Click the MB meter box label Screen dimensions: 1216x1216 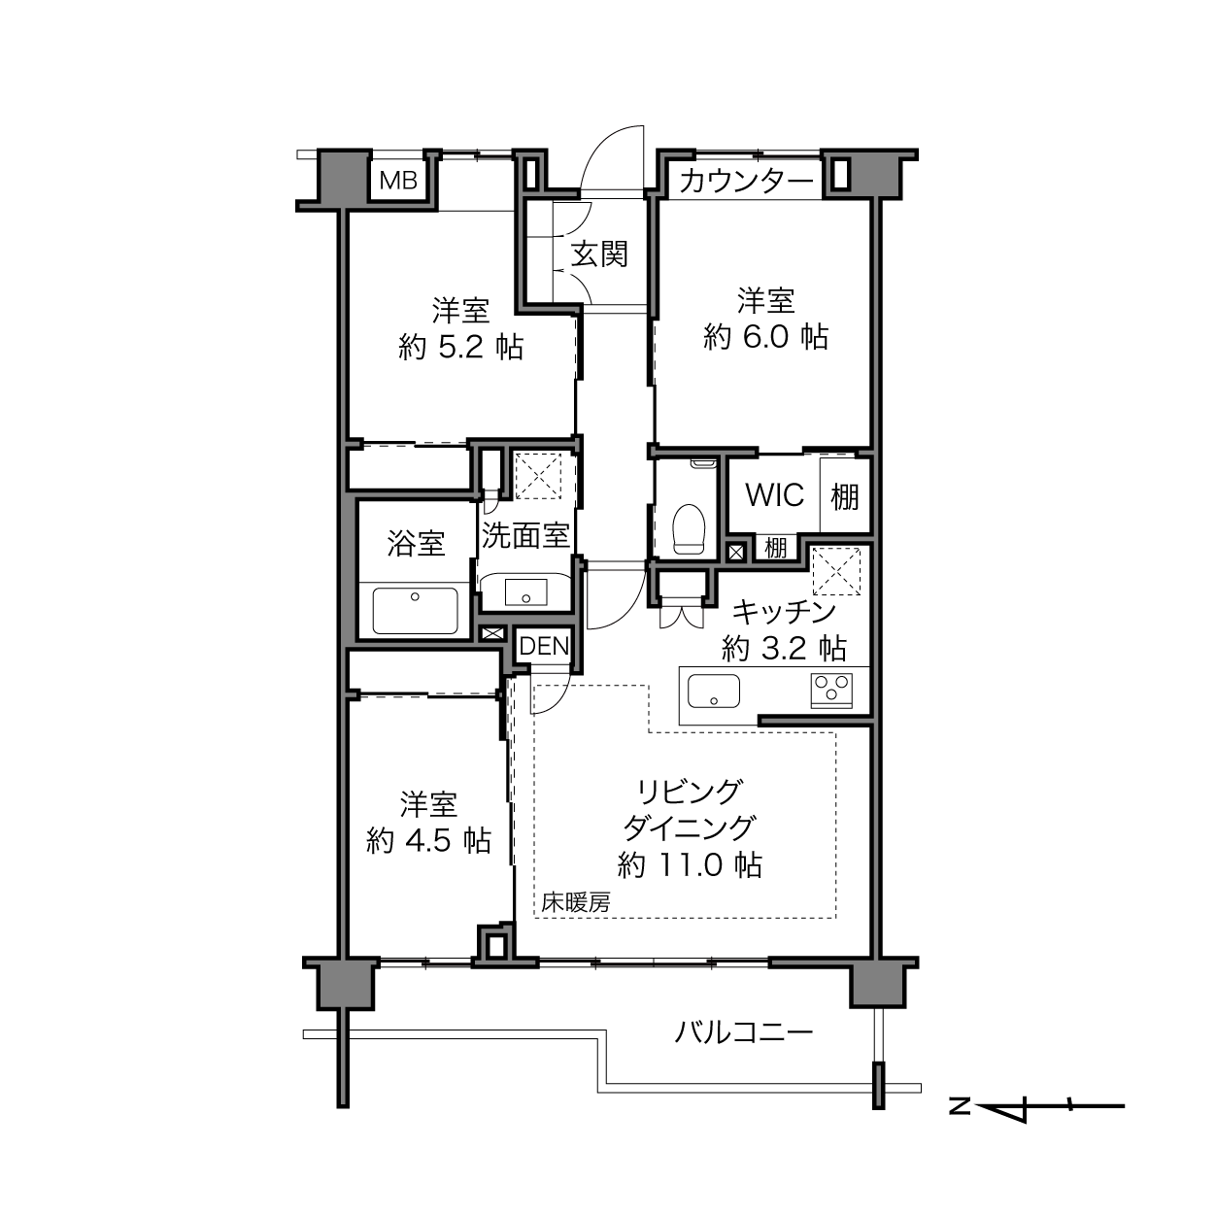pos(398,181)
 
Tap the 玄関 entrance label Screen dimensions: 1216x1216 pos(599,254)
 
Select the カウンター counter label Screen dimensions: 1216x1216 pos(747,182)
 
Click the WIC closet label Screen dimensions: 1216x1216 pos(775,494)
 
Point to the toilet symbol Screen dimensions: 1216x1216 pos(689,528)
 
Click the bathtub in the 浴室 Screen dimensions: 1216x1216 pos(416,610)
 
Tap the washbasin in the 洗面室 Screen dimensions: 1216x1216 pos(525,591)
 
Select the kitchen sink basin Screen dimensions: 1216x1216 pos(714,691)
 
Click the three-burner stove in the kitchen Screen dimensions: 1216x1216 pos(831,691)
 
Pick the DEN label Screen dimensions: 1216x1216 pos(544,646)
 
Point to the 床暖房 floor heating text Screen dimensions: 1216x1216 pos(576,903)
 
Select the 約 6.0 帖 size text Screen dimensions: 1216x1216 pos(766,337)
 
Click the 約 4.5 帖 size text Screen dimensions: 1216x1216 pos(428,841)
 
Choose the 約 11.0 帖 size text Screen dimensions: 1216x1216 pos(690,865)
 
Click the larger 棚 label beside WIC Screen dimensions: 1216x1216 pos(845,496)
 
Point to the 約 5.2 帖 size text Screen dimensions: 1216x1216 pos(460,347)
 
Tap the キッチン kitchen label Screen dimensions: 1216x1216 pos(785,612)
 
